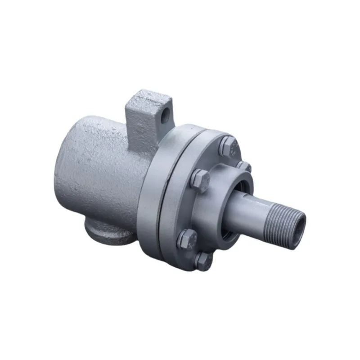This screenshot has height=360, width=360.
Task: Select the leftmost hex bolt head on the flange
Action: click(x=186, y=238)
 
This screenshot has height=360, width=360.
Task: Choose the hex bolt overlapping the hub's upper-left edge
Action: click(x=200, y=181)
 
